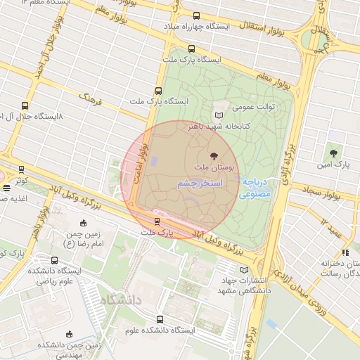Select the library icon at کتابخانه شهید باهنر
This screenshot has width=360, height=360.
click(x=218, y=115)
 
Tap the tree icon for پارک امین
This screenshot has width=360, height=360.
click(x=333, y=152)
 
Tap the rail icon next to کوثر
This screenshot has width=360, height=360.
click(x=22, y=169)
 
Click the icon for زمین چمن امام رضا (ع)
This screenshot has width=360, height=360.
click(x=84, y=224)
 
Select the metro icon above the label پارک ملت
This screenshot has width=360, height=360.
click(x=157, y=221)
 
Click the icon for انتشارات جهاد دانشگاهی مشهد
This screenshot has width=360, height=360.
click(x=244, y=269)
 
